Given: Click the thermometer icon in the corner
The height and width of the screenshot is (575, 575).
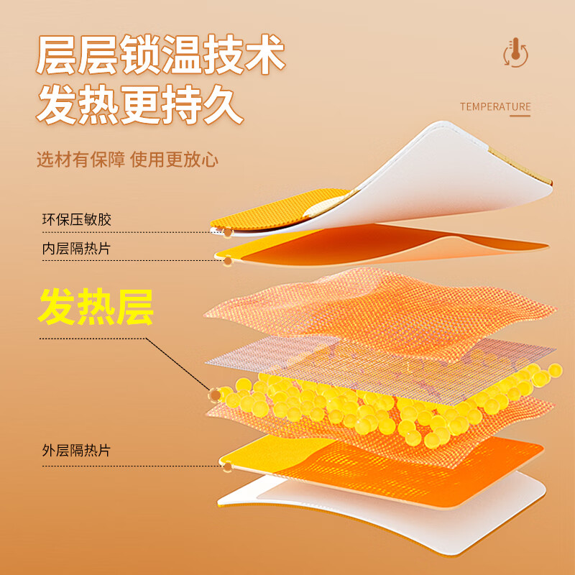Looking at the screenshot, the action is coord(515,52).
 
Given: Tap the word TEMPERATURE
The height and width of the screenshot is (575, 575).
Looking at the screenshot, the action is coord(495,106).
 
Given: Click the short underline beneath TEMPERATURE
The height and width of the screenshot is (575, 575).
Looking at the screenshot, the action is coord(520,116).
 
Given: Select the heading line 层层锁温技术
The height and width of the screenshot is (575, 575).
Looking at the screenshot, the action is coord(160,55).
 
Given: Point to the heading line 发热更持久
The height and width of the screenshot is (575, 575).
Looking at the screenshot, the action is coord(139,105).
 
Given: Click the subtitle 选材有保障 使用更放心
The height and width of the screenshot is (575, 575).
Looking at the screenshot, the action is coord(128,160).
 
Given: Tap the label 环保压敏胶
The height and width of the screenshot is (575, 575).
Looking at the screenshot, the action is coord(77,220).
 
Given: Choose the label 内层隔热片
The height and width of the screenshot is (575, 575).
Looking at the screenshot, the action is coord(76,249).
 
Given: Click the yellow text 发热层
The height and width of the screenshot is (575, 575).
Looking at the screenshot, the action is coord(96,307).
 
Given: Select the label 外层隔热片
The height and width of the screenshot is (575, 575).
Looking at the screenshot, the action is coord(76,451).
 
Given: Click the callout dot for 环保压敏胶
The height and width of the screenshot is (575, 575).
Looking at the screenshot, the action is coord(228,232).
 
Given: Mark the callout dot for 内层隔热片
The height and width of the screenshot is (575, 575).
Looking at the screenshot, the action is coord(228,261).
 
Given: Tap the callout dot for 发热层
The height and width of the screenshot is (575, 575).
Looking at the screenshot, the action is coord(215,395).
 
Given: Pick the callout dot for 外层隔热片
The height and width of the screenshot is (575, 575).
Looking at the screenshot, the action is coord(228,466).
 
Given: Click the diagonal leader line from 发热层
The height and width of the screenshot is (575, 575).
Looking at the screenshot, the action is coord(178,364).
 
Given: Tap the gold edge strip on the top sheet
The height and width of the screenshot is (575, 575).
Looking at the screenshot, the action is coord(520,166).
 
